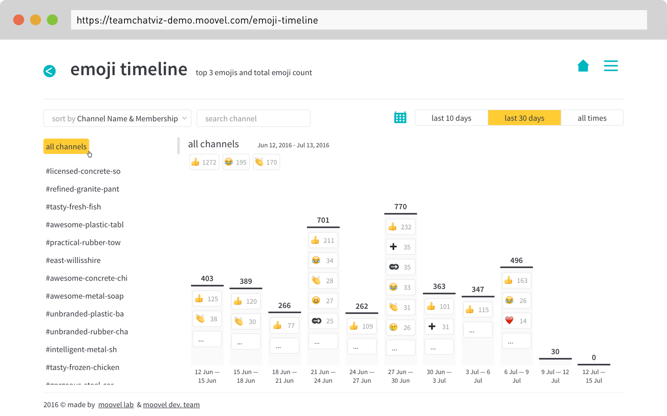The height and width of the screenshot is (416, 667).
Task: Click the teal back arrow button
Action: [50, 71]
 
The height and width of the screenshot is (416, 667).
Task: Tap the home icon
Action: [583, 66]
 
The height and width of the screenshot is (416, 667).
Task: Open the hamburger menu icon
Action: [611, 66]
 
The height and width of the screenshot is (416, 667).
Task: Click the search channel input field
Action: [253, 118]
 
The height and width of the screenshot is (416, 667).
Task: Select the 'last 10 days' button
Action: [451, 118]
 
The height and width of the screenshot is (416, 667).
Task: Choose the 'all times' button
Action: [592, 118]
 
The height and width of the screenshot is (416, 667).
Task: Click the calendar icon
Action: [400, 118]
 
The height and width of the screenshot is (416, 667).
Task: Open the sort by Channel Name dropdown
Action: [117, 118]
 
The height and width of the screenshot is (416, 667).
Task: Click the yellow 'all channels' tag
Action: [66, 147]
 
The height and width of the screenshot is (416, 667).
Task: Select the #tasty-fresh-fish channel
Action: [73, 207]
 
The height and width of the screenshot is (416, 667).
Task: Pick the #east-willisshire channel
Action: [73, 260]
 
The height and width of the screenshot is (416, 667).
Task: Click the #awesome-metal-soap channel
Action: [85, 296]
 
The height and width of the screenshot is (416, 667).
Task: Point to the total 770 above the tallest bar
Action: [400, 207]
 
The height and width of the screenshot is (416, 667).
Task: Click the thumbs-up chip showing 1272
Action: [204, 162]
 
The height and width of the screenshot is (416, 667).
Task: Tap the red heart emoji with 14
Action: [516, 321]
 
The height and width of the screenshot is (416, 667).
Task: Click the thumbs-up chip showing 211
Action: [323, 241]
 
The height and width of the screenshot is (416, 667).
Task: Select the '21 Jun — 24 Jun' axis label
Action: [323, 376]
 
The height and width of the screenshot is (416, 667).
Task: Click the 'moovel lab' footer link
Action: [116, 405]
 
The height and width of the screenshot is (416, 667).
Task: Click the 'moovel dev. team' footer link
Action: [171, 405]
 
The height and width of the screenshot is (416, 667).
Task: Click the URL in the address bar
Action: [197, 20]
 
